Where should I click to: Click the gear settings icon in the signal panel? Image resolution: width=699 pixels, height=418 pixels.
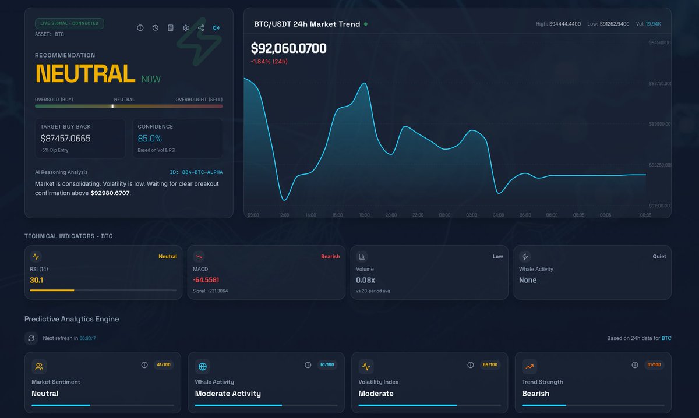click(x=186, y=28)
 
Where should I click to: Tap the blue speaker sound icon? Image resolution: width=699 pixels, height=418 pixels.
click(x=216, y=28)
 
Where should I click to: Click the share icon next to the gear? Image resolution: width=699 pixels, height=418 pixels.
click(x=201, y=28)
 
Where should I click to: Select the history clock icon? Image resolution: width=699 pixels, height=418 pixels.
click(x=156, y=28)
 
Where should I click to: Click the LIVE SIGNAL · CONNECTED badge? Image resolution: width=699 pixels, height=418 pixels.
click(x=69, y=24)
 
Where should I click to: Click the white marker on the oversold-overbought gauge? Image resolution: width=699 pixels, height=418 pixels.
click(x=112, y=106)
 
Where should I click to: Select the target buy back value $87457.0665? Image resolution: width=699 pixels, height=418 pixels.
click(x=65, y=139)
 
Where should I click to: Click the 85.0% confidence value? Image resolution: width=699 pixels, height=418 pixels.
click(x=150, y=139)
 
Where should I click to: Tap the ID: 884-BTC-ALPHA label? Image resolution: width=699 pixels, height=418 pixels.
click(x=196, y=172)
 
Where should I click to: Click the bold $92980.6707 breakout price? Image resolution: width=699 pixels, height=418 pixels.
click(x=110, y=193)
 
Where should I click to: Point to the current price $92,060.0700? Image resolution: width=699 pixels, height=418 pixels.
click(x=288, y=49)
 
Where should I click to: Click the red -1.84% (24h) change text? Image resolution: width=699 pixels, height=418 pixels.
click(x=269, y=62)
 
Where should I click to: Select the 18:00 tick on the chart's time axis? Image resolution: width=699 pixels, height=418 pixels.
click(x=364, y=215)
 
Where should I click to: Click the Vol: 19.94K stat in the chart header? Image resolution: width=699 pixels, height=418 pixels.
click(x=648, y=24)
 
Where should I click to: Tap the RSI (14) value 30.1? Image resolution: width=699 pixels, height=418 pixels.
click(x=37, y=280)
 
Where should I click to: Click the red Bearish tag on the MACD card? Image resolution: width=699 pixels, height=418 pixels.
click(x=330, y=256)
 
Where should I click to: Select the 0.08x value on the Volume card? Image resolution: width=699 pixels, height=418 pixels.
click(x=365, y=280)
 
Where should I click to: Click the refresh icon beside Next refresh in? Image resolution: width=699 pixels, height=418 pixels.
click(x=31, y=338)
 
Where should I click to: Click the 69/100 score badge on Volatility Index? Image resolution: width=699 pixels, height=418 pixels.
click(x=490, y=365)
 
